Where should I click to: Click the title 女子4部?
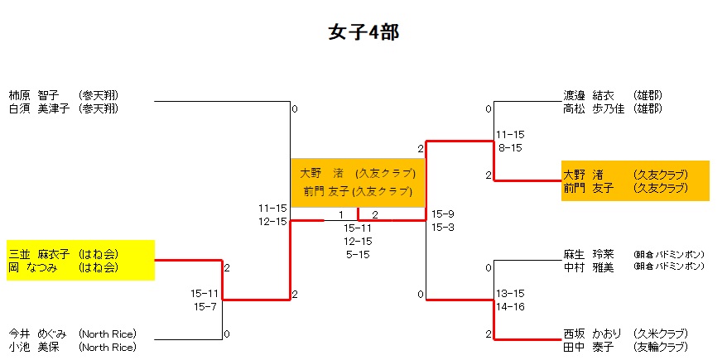(x=364, y=32)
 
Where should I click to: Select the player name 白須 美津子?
(x=38, y=108)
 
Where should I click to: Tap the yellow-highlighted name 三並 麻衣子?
(x=39, y=254)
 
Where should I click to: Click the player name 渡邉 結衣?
(x=588, y=95)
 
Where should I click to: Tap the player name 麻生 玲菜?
(x=588, y=254)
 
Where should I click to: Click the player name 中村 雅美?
(x=588, y=266)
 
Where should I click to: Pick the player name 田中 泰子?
(x=588, y=347)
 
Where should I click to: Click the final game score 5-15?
(x=358, y=254)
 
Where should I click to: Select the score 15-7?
(x=205, y=306)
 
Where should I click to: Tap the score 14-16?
(x=511, y=306)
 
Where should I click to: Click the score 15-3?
(x=442, y=227)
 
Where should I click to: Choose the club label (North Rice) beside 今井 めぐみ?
(x=108, y=334)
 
